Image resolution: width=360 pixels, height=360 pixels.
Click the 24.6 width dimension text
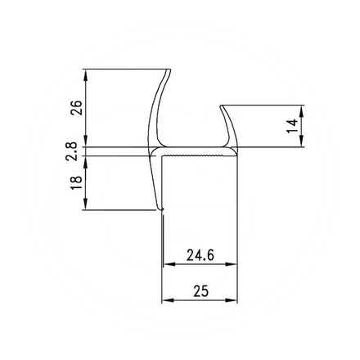200,254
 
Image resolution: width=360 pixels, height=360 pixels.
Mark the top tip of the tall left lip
169,70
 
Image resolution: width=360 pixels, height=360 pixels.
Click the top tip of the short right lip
222,105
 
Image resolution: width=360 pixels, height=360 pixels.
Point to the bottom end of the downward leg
161,210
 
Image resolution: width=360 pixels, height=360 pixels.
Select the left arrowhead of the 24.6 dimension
169,264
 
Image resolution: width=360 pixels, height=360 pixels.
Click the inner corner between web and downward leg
166,158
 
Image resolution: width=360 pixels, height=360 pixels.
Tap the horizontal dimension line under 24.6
200,264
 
